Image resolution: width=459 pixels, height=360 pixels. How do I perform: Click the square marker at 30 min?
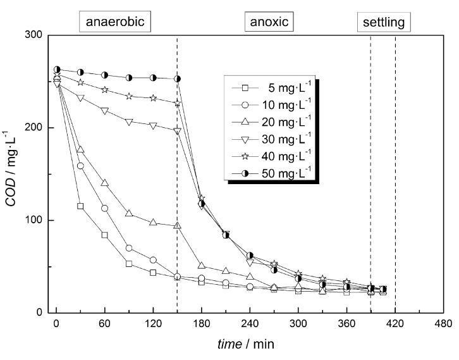80,206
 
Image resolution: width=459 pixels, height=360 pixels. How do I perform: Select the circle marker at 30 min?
80,166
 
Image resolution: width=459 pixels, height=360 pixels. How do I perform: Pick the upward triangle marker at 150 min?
178,225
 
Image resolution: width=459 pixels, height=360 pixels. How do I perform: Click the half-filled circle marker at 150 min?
178,78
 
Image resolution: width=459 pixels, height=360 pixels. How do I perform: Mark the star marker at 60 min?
105,90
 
